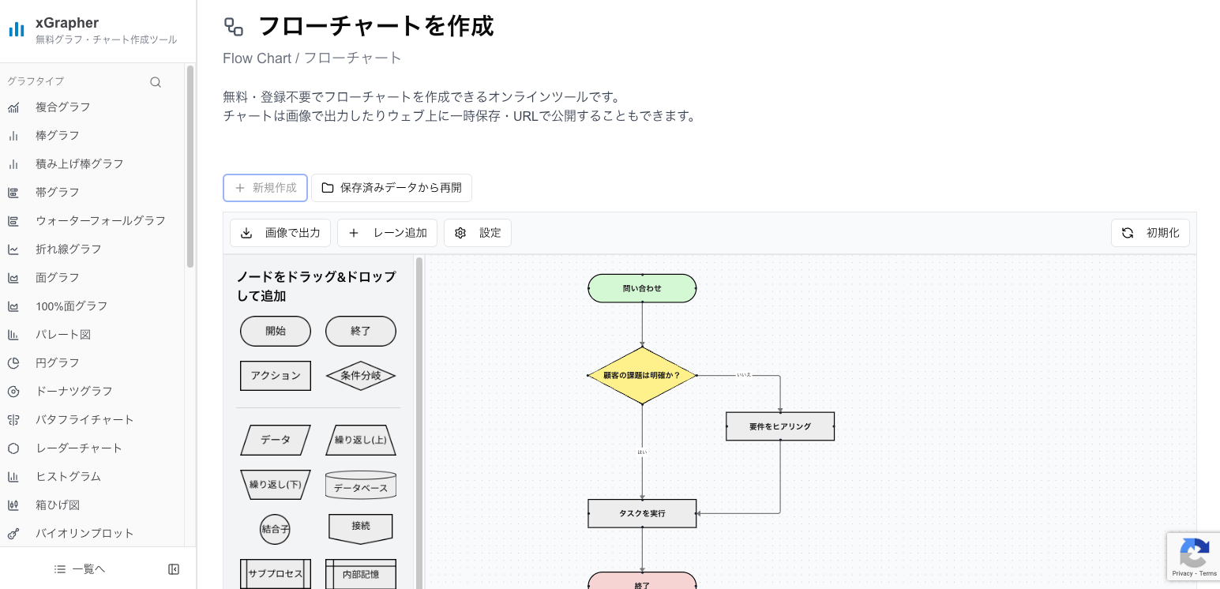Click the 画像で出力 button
tap(280, 233)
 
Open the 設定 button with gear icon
tap(478, 233)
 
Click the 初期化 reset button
tap(1151, 233)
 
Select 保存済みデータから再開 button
tap(392, 188)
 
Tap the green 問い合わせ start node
tap(642, 288)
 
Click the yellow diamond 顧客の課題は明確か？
tap(642, 376)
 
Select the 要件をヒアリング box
tap(780, 426)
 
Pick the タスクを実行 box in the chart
tap(642, 513)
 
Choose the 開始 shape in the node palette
tap(276, 331)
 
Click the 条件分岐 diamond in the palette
tap(361, 376)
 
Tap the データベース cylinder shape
tap(361, 486)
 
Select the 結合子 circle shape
tap(276, 529)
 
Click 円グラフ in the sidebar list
tap(58, 362)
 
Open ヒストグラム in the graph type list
tap(68, 476)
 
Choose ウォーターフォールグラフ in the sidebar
tap(100, 220)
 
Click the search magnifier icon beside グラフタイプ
tap(156, 82)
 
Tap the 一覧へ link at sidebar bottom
tap(80, 568)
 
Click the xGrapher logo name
tap(67, 23)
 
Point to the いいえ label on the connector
tap(744, 375)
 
